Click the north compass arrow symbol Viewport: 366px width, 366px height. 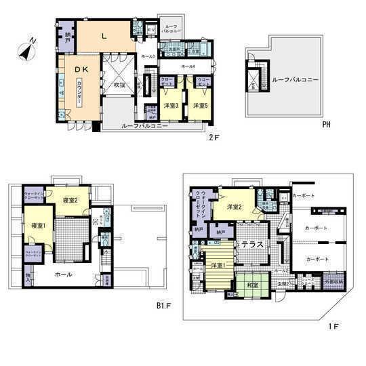27,48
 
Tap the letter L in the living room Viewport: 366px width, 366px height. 104,36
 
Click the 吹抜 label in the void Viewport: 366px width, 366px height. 120,85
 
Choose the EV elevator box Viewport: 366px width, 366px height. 150,30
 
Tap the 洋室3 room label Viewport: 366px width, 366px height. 171,106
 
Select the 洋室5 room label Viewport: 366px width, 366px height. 199,106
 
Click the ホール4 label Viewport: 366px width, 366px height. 188,66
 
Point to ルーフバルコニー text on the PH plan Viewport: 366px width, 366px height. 295,80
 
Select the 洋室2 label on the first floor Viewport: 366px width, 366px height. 236,206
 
